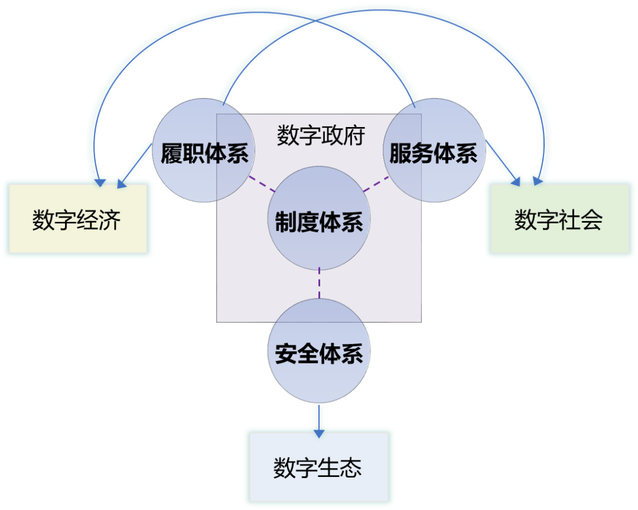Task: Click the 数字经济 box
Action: [x=77, y=219]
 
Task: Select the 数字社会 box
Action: [x=559, y=219]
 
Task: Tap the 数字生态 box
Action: [x=318, y=467]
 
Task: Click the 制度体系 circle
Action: [x=319, y=219]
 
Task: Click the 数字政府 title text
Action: [x=321, y=136]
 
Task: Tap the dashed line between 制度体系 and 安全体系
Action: [x=319, y=284]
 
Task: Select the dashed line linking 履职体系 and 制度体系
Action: [x=262, y=184]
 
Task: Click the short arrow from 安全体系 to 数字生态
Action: [x=319, y=420]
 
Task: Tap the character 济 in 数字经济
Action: [x=110, y=219]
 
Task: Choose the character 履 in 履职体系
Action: [x=171, y=153]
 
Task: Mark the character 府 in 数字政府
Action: [x=354, y=136]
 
